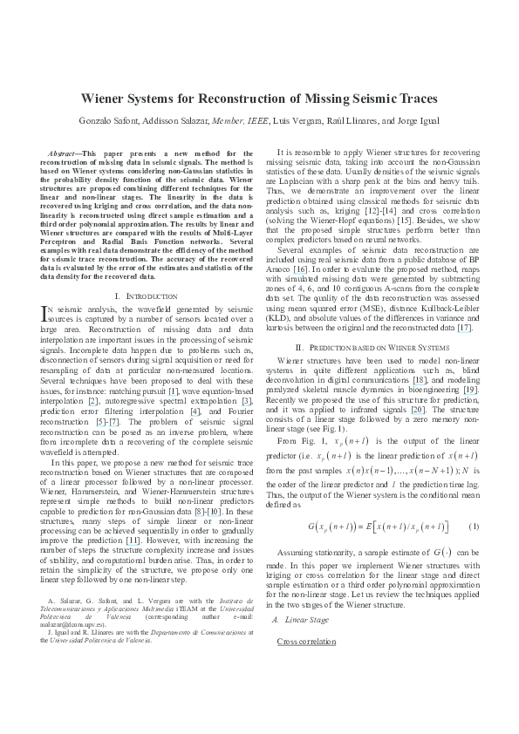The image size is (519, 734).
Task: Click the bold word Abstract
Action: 67,153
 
